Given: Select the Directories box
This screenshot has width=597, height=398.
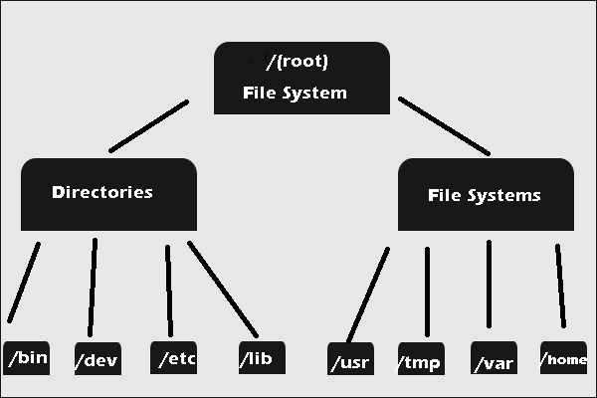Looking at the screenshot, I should click(x=108, y=194).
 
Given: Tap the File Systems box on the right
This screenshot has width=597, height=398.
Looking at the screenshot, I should click(x=485, y=195).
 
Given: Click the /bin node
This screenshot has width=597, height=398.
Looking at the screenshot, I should click(x=27, y=357).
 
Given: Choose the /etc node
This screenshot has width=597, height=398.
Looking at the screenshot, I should click(x=173, y=357).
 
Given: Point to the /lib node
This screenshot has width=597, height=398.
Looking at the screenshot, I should click(x=262, y=356).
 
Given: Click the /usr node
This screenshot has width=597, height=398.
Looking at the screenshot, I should click(x=350, y=360).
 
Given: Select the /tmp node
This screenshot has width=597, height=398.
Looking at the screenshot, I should click(x=420, y=360).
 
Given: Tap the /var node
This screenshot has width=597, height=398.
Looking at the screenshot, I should click(x=495, y=360).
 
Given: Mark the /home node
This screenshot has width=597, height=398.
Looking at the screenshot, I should click(x=563, y=357).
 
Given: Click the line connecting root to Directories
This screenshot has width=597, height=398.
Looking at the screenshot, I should click(x=149, y=125).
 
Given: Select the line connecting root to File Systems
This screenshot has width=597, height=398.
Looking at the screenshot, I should click(x=444, y=125).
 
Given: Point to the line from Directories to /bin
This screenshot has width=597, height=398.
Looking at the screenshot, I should click(x=25, y=282).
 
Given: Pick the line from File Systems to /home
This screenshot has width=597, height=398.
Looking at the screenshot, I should click(x=560, y=286).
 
